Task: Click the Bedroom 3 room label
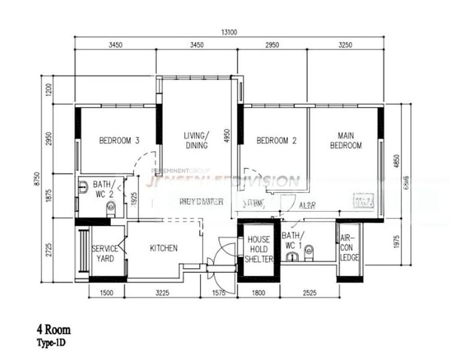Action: click(119, 141)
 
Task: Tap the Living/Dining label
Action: click(196, 140)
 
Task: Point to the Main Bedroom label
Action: click(349, 140)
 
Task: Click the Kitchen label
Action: click(163, 248)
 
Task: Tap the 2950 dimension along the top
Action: click(273, 45)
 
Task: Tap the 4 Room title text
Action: click(54, 329)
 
